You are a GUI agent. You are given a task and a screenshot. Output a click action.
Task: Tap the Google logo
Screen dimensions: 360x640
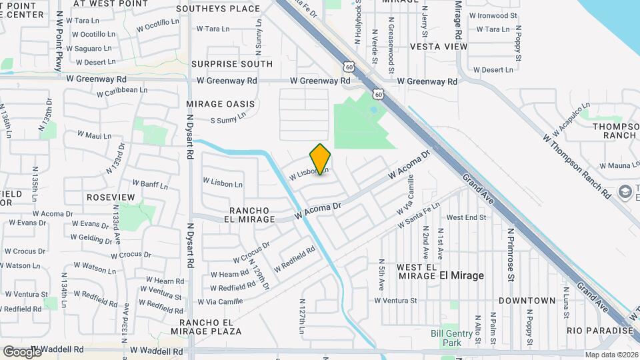tap(21, 351)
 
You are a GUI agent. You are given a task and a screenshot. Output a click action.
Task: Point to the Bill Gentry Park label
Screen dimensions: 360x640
tap(446, 338)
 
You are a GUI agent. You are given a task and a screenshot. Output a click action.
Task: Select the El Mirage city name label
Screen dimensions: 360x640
tap(461, 275)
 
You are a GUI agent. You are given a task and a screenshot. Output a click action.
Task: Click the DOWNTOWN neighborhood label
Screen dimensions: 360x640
tap(527, 301)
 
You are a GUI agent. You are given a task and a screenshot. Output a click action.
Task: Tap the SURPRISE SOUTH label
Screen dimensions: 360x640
tap(231, 64)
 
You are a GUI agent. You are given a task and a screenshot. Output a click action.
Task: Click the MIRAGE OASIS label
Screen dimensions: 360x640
tap(220, 104)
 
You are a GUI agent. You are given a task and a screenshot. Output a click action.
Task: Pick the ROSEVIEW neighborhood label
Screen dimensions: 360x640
tap(111, 198)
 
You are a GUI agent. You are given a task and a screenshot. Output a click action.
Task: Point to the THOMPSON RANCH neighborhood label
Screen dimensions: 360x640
tap(613, 131)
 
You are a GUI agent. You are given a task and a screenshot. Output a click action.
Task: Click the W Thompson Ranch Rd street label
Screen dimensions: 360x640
tap(576, 165)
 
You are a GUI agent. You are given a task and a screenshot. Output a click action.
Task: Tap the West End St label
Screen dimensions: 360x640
tap(466, 217)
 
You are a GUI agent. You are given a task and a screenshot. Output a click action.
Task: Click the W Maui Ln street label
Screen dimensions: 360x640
tap(93, 135)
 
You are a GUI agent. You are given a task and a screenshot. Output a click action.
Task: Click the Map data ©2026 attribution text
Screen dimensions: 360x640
tap(611, 355)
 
